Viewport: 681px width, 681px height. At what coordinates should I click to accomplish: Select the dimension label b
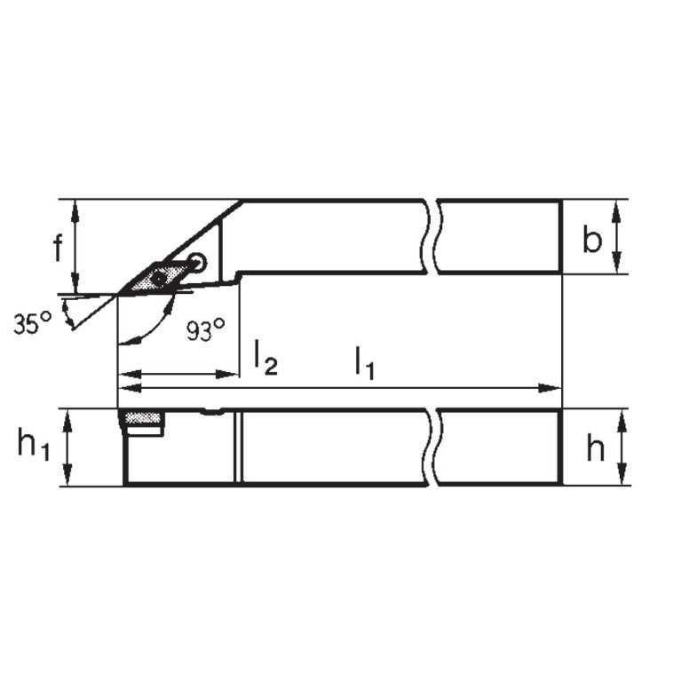pos(592,240)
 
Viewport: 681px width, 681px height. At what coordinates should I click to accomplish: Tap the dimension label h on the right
pos(595,449)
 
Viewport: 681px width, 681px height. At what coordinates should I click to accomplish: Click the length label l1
pos(364,362)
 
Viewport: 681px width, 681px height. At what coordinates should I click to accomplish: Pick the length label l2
pos(265,357)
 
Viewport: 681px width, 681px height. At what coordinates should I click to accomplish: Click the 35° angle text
pos(33,324)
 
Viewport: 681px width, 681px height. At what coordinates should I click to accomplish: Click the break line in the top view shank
pos(432,237)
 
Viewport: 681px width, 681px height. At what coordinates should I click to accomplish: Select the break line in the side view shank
pos(432,447)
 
